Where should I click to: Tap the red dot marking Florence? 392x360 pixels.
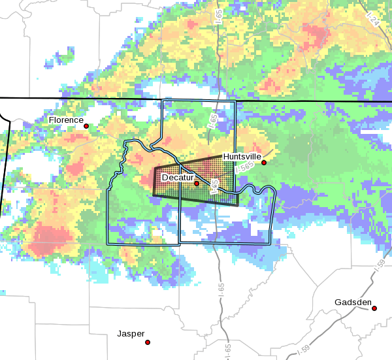pos(86,125)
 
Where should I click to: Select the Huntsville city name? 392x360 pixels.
pos(242,157)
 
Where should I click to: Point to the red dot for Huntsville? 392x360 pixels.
pos(264,163)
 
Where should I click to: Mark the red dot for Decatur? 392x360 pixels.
pos(196,184)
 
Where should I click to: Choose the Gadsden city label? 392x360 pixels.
pos(353,303)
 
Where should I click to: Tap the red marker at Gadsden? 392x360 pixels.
pos(374,308)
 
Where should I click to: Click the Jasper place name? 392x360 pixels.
pos(131,334)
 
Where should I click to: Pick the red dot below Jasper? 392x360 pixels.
pos(148,342)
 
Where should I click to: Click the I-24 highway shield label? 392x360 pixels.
pos(373,21)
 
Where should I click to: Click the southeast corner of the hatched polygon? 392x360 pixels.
pos(237,205)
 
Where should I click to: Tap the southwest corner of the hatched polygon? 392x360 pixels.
pos(153,195)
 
